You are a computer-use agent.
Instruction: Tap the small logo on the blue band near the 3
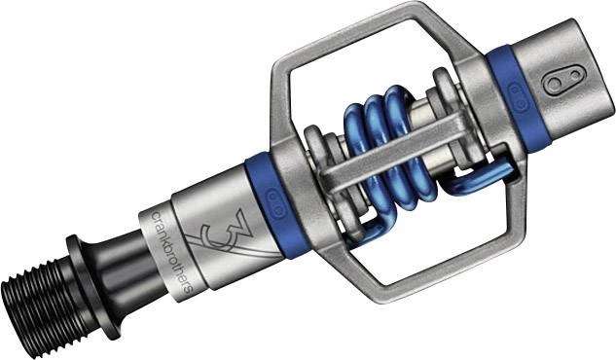(275, 204)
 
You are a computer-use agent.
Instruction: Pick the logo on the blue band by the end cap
(518, 97)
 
